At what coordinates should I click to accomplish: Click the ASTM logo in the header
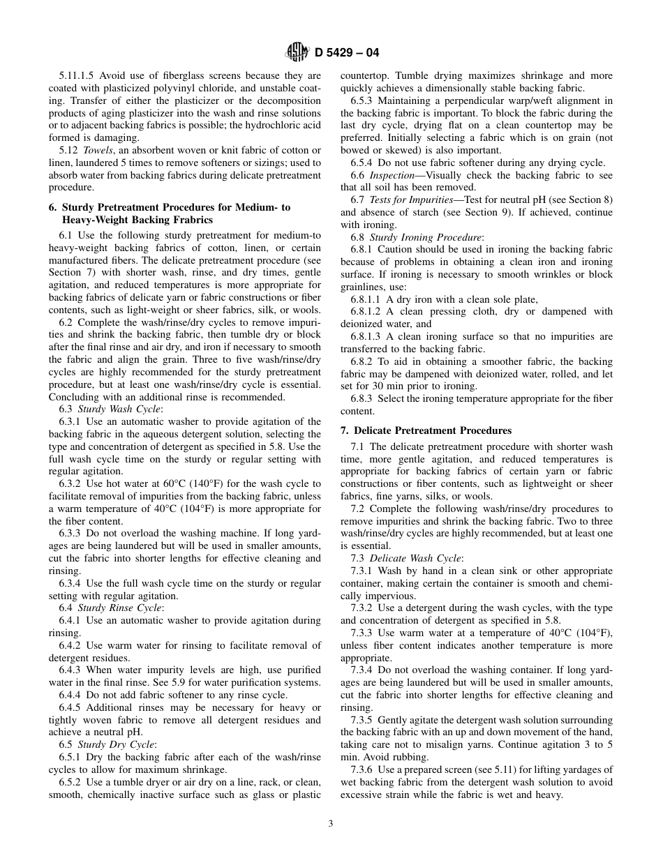click(297, 52)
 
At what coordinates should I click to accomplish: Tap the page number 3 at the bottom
click(331, 823)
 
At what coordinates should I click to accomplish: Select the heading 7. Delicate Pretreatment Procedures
click(426, 430)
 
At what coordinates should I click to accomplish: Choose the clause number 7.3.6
click(362, 769)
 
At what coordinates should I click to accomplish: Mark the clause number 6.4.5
click(70, 707)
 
